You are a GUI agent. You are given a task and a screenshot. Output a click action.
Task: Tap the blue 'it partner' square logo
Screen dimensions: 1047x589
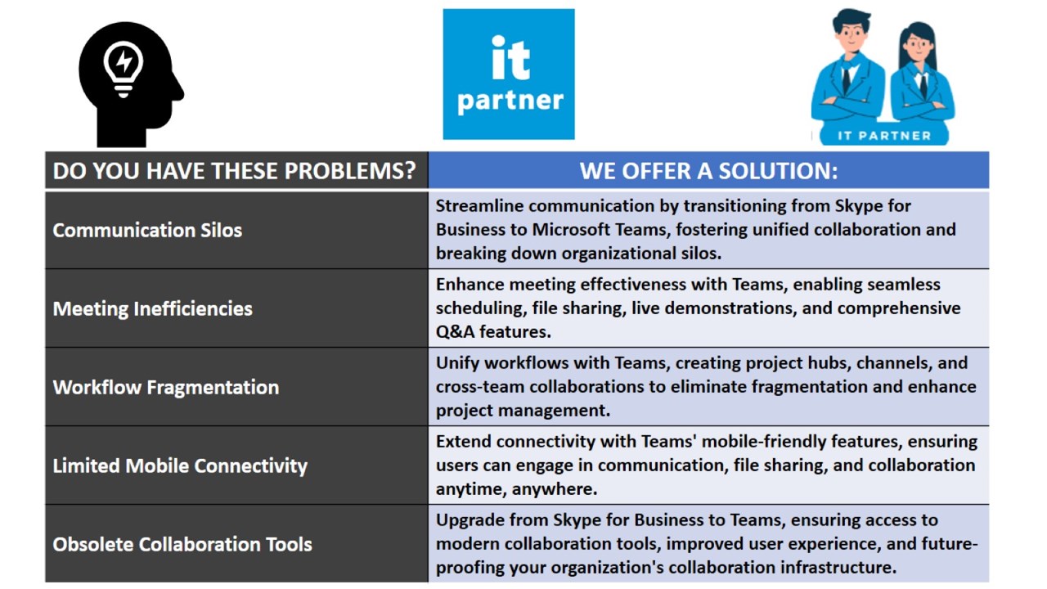tap(509, 74)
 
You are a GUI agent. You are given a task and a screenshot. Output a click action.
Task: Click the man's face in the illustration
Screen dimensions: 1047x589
tap(852, 37)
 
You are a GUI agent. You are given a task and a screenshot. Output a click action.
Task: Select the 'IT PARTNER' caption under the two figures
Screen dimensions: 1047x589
tap(884, 136)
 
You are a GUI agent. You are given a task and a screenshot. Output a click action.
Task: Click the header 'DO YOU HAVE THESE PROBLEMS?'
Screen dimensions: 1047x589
tap(234, 171)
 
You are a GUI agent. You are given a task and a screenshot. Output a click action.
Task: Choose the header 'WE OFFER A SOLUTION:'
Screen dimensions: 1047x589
tap(708, 171)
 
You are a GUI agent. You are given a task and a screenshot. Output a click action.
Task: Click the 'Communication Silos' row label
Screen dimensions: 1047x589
tap(147, 230)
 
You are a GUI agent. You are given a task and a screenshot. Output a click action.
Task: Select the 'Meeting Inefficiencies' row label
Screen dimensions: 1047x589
tap(152, 308)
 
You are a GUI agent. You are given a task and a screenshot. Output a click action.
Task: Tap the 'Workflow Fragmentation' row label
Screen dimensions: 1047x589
tap(166, 387)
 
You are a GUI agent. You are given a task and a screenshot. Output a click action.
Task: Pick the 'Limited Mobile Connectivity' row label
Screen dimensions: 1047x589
tap(180, 465)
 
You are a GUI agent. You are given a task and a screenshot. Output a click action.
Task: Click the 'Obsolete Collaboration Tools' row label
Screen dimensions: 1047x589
tap(182, 544)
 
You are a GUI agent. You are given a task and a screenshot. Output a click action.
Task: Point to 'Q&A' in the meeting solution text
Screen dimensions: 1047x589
tap(455, 331)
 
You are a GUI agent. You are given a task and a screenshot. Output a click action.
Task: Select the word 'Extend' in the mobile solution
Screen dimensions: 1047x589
tap(463, 441)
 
